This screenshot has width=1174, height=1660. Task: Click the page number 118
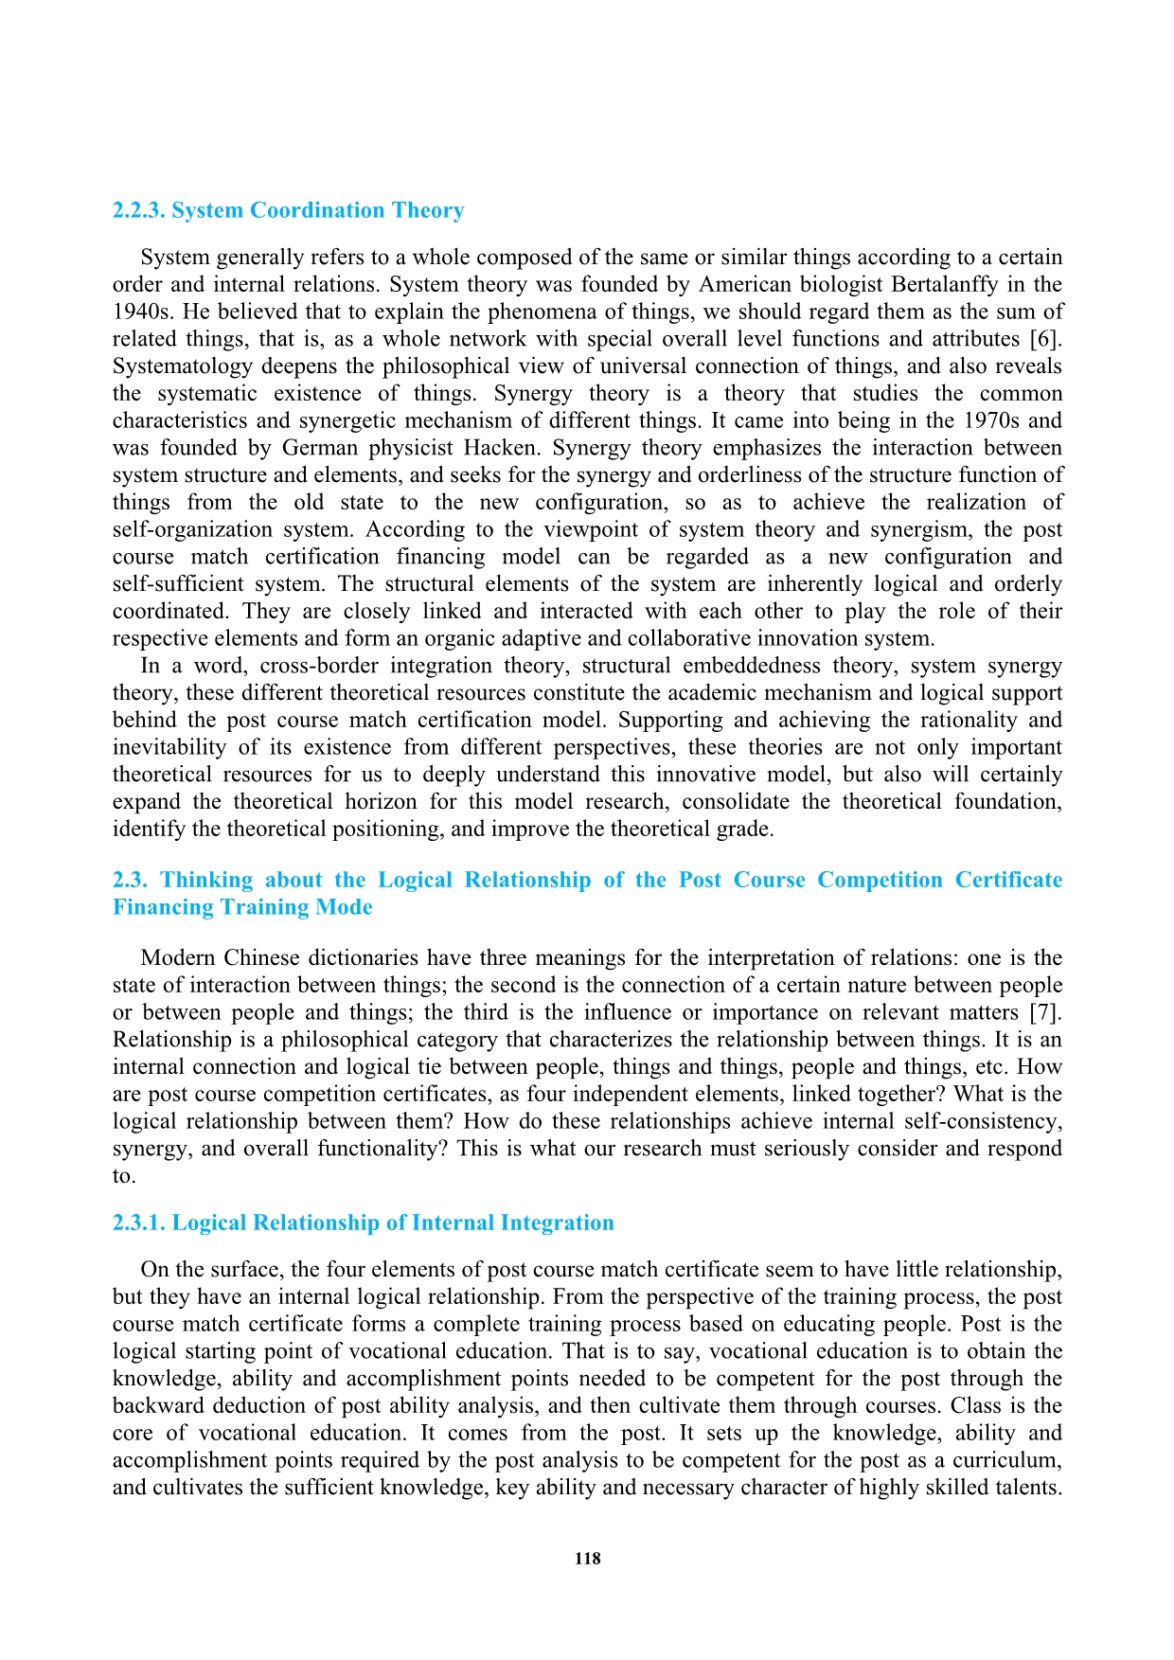point(587,1559)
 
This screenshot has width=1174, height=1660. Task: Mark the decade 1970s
point(993,420)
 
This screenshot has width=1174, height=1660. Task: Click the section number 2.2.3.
point(139,210)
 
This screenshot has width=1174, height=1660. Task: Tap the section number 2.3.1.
point(139,1223)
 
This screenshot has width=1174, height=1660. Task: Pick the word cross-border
point(319,667)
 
